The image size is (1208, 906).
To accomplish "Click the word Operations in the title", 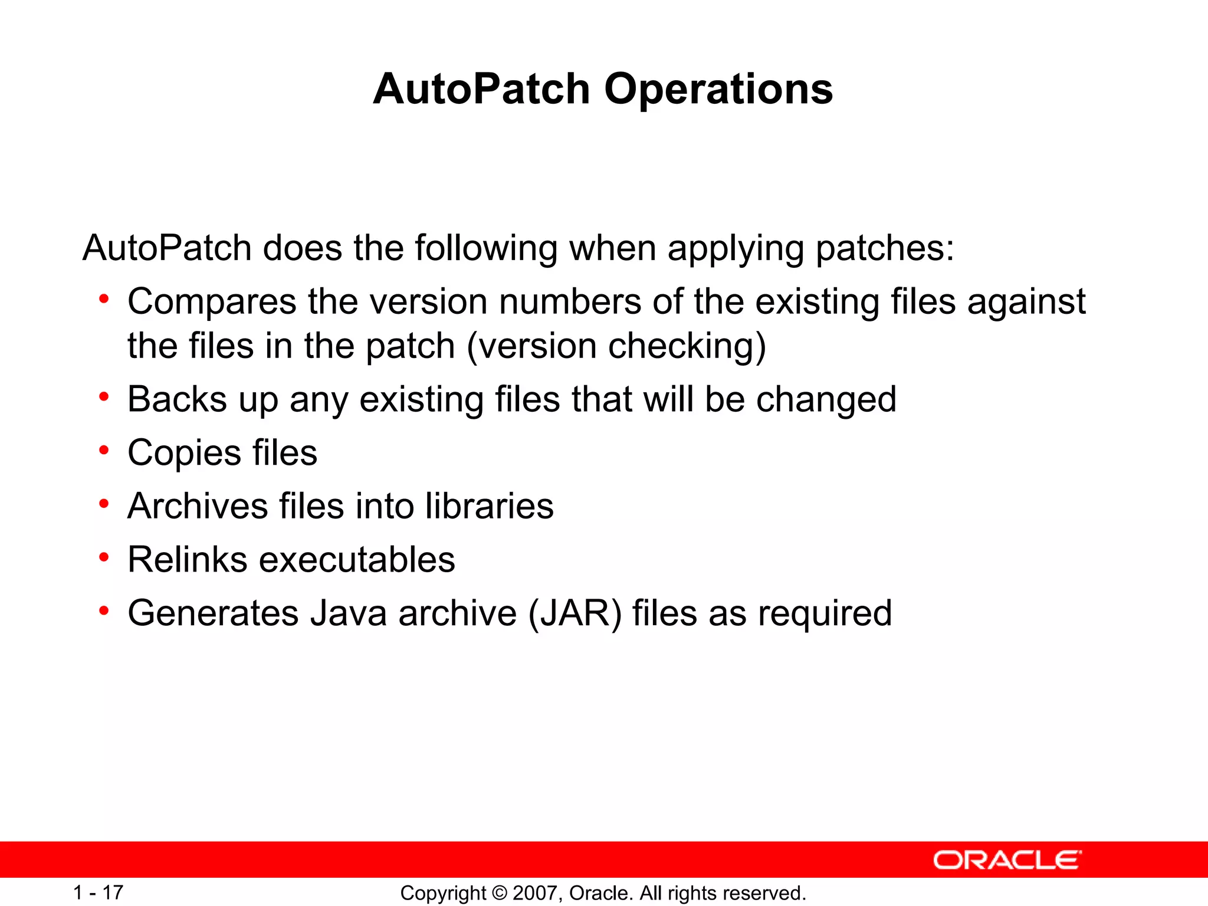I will [718, 90].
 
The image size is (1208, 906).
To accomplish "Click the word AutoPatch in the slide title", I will [481, 90].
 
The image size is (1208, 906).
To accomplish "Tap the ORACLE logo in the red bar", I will [1007, 860].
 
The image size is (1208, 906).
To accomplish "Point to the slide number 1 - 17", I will [98, 892].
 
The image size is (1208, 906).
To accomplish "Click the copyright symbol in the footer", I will [499, 893].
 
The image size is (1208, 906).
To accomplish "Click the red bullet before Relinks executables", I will [104, 557].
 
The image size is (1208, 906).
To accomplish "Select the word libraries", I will [489, 506].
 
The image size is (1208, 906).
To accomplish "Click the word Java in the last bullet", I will [349, 613].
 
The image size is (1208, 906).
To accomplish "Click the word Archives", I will [198, 506].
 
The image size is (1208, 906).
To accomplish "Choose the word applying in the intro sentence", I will [736, 248].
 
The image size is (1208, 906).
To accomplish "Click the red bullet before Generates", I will [104, 611].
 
